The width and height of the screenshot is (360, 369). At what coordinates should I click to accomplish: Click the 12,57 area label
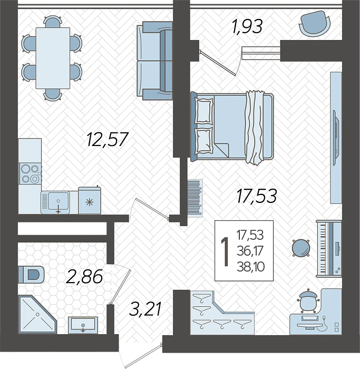click(x=108, y=139)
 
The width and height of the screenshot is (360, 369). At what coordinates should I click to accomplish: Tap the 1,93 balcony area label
click(x=247, y=26)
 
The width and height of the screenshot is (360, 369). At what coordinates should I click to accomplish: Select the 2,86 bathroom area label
click(x=84, y=277)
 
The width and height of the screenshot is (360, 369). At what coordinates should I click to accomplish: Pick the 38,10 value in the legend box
click(x=250, y=267)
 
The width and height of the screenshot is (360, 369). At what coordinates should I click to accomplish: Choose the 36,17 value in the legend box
click(x=250, y=251)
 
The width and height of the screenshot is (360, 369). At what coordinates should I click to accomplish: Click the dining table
click(x=53, y=58)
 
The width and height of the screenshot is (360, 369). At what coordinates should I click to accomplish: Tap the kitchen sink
click(x=55, y=202)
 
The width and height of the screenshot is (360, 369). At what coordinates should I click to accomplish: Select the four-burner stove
click(x=30, y=173)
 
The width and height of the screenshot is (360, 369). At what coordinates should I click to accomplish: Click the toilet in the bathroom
click(x=31, y=275)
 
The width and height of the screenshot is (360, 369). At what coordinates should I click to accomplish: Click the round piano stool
click(x=301, y=248)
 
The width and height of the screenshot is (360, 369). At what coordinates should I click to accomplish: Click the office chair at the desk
click(x=307, y=301)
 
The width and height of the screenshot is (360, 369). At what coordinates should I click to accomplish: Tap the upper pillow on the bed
click(x=204, y=111)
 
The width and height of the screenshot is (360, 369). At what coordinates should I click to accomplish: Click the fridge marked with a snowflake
click(x=90, y=200)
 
